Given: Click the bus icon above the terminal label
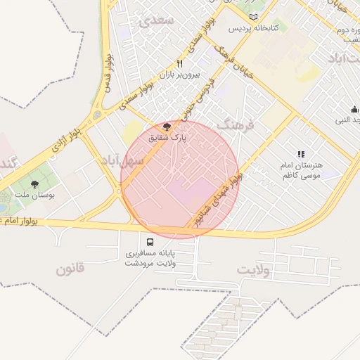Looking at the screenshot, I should point(150,241).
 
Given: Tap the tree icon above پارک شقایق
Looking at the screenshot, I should point(167,127).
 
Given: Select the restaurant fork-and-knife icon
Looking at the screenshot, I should point(179,63).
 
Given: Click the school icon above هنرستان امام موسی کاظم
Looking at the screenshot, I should point(301,153).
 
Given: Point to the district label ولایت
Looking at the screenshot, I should point(253,270).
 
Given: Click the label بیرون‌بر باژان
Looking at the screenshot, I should point(179,74).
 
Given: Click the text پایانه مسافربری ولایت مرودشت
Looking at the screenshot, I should point(150,257).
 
